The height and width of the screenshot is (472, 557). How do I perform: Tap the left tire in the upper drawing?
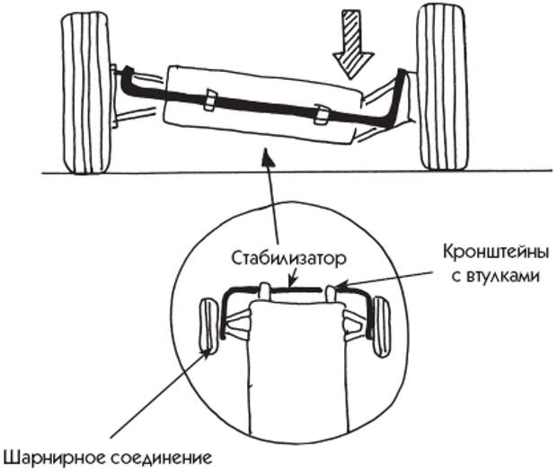pyautogui.click(x=86, y=94)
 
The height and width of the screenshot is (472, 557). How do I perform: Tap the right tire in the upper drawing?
pyautogui.click(x=441, y=88)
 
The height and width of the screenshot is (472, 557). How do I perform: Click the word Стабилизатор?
pyautogui.click(x=288, y=258)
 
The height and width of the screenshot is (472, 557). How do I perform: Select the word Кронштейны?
pyautogui.click(x=496, y=253)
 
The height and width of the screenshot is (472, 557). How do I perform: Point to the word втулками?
pyautogui.click(x=496, y=276)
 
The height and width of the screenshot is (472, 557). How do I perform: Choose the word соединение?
pyautogui.click(x=161, y=459)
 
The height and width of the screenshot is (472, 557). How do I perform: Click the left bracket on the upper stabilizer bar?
pyautogui.click(x=210, y=101)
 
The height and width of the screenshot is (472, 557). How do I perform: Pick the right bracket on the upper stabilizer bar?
pyautogui.click(x=322, y=115)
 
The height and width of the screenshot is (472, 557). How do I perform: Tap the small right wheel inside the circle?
pyautogui.click(x=381, y=327)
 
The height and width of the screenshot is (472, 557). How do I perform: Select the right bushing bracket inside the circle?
pyautogui.click(x=331, y=294)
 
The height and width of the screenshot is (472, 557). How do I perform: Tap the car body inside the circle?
pyautogui.click(x=297, y=366)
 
